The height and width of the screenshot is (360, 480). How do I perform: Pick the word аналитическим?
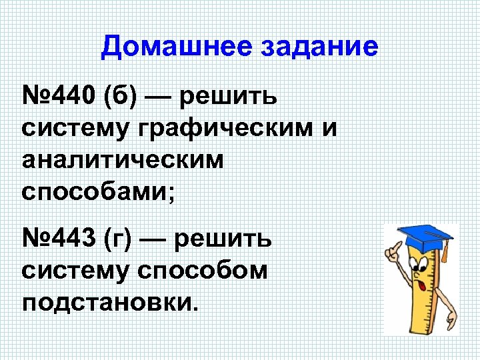coord(123,161)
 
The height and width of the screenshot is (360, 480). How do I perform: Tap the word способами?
coord(97,191)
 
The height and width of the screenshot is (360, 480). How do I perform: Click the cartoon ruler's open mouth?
coord(421,285)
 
